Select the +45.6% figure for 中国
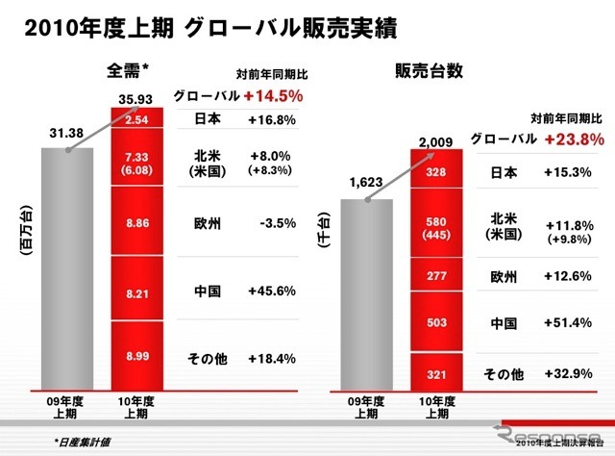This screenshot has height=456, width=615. click(270, 290)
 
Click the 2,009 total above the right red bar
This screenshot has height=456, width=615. click(435, 144)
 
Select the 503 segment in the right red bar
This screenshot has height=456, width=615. click(435, 323)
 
